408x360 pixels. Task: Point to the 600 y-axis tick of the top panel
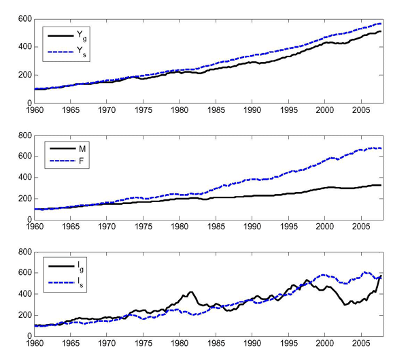pyautogui.click(x=20, y=18)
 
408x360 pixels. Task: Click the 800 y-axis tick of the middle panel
pyautogui.click(x=20, y=135)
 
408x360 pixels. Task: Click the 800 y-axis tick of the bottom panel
pyautogui.click(x=20, y=252)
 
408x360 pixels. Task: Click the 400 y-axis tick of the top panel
pyautogui.click(x=20, y=46)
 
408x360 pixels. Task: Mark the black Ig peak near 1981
pyautogui.click(x=191, y=292)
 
